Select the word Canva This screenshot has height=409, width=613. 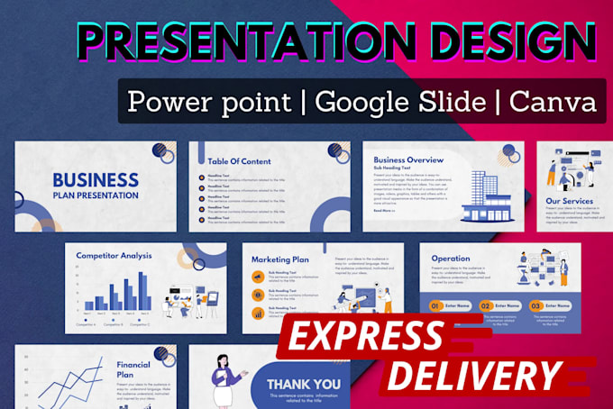click(552, 100)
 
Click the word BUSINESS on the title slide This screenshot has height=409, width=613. click(95, 181)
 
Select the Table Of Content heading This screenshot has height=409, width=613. click(233, 162)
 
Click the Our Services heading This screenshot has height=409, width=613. click(569, 201)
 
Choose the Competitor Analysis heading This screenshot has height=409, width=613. click(114, 256)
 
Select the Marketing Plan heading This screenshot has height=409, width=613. click(279, 259)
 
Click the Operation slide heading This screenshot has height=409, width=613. click(450, 259)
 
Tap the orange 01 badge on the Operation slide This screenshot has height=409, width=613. click(435, 306)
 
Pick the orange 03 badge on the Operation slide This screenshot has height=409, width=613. click(535, 306)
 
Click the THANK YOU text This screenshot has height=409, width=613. click(303, 385)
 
